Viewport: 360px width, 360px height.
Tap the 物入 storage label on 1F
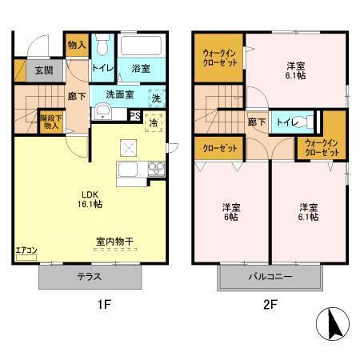75,46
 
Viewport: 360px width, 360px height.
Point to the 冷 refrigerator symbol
155,123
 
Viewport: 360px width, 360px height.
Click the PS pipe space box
135,115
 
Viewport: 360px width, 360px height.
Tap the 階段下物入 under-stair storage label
50,122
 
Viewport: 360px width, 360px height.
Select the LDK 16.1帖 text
90,198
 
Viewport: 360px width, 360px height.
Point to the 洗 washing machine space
155,97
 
